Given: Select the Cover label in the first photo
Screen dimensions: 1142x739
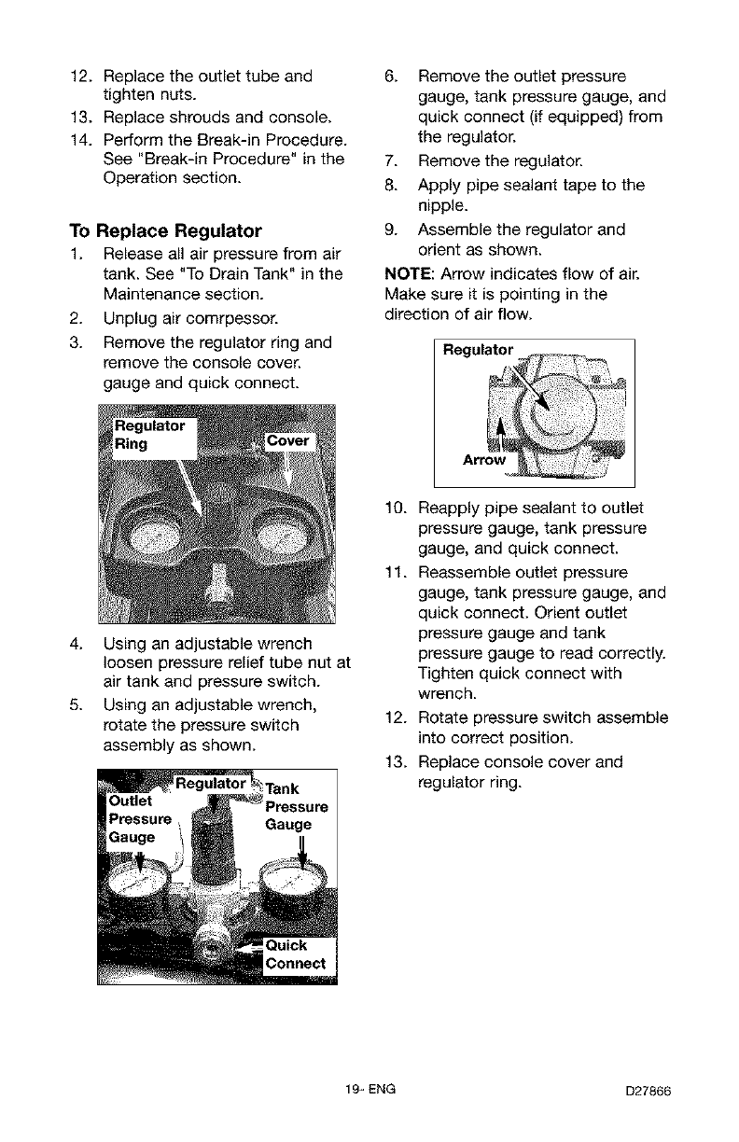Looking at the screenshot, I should pyautogui.click(x=289, y=441).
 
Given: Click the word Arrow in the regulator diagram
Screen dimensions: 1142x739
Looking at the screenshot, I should pyautogui.click(x=483, y=461).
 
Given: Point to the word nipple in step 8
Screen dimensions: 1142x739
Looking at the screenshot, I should pyautogui.click(x=443, y=205).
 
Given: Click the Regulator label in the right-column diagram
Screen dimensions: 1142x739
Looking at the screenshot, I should pyautogui.click(x=478, y=350).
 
